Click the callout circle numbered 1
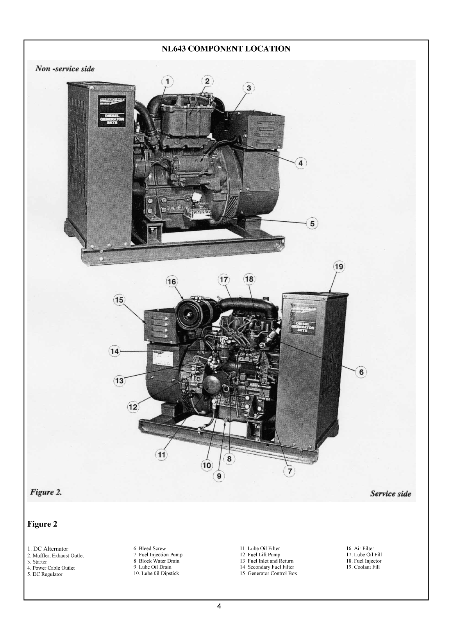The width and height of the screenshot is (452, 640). (167, 81)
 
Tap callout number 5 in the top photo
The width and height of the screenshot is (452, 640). (312, 223)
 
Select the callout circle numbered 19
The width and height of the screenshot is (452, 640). (338, 267)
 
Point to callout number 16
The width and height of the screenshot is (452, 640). (172, 281)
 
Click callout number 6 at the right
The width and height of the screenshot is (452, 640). (361, 372)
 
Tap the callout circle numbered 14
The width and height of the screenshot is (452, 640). (114, 351)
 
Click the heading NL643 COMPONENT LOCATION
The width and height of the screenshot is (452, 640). (226, 49)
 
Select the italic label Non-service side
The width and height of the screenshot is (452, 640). (65, 69)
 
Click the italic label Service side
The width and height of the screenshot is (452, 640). (390, 493)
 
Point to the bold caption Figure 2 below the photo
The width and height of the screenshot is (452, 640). (42, 524)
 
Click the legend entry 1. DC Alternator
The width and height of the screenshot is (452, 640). (48, 549)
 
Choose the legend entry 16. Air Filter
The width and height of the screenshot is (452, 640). (360, 548)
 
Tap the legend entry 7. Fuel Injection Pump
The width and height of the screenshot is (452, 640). (158, 554)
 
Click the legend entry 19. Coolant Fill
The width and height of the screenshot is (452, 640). (363, 567)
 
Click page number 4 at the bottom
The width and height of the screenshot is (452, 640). (219, 606)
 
